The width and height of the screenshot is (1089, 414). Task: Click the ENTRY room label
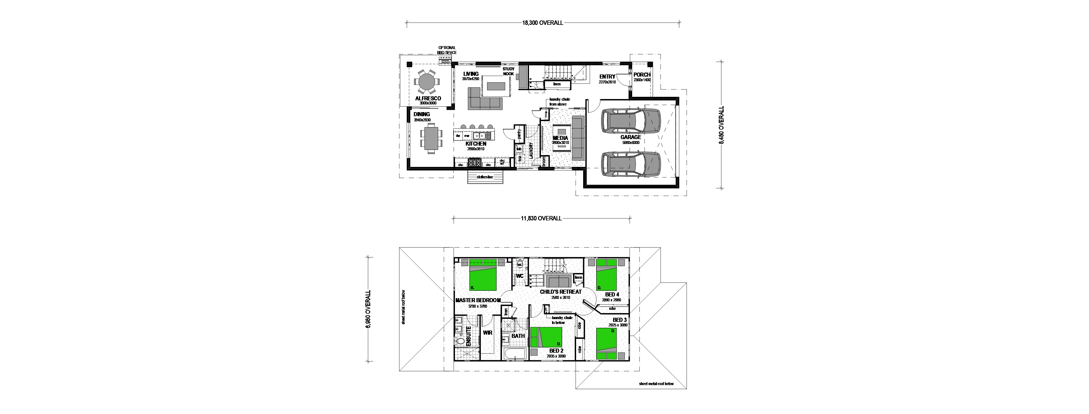[x=607, y=77]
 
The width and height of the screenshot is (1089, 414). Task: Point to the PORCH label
[x=642, y=74]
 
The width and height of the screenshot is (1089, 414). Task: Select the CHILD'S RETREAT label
[x=561, y=292]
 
